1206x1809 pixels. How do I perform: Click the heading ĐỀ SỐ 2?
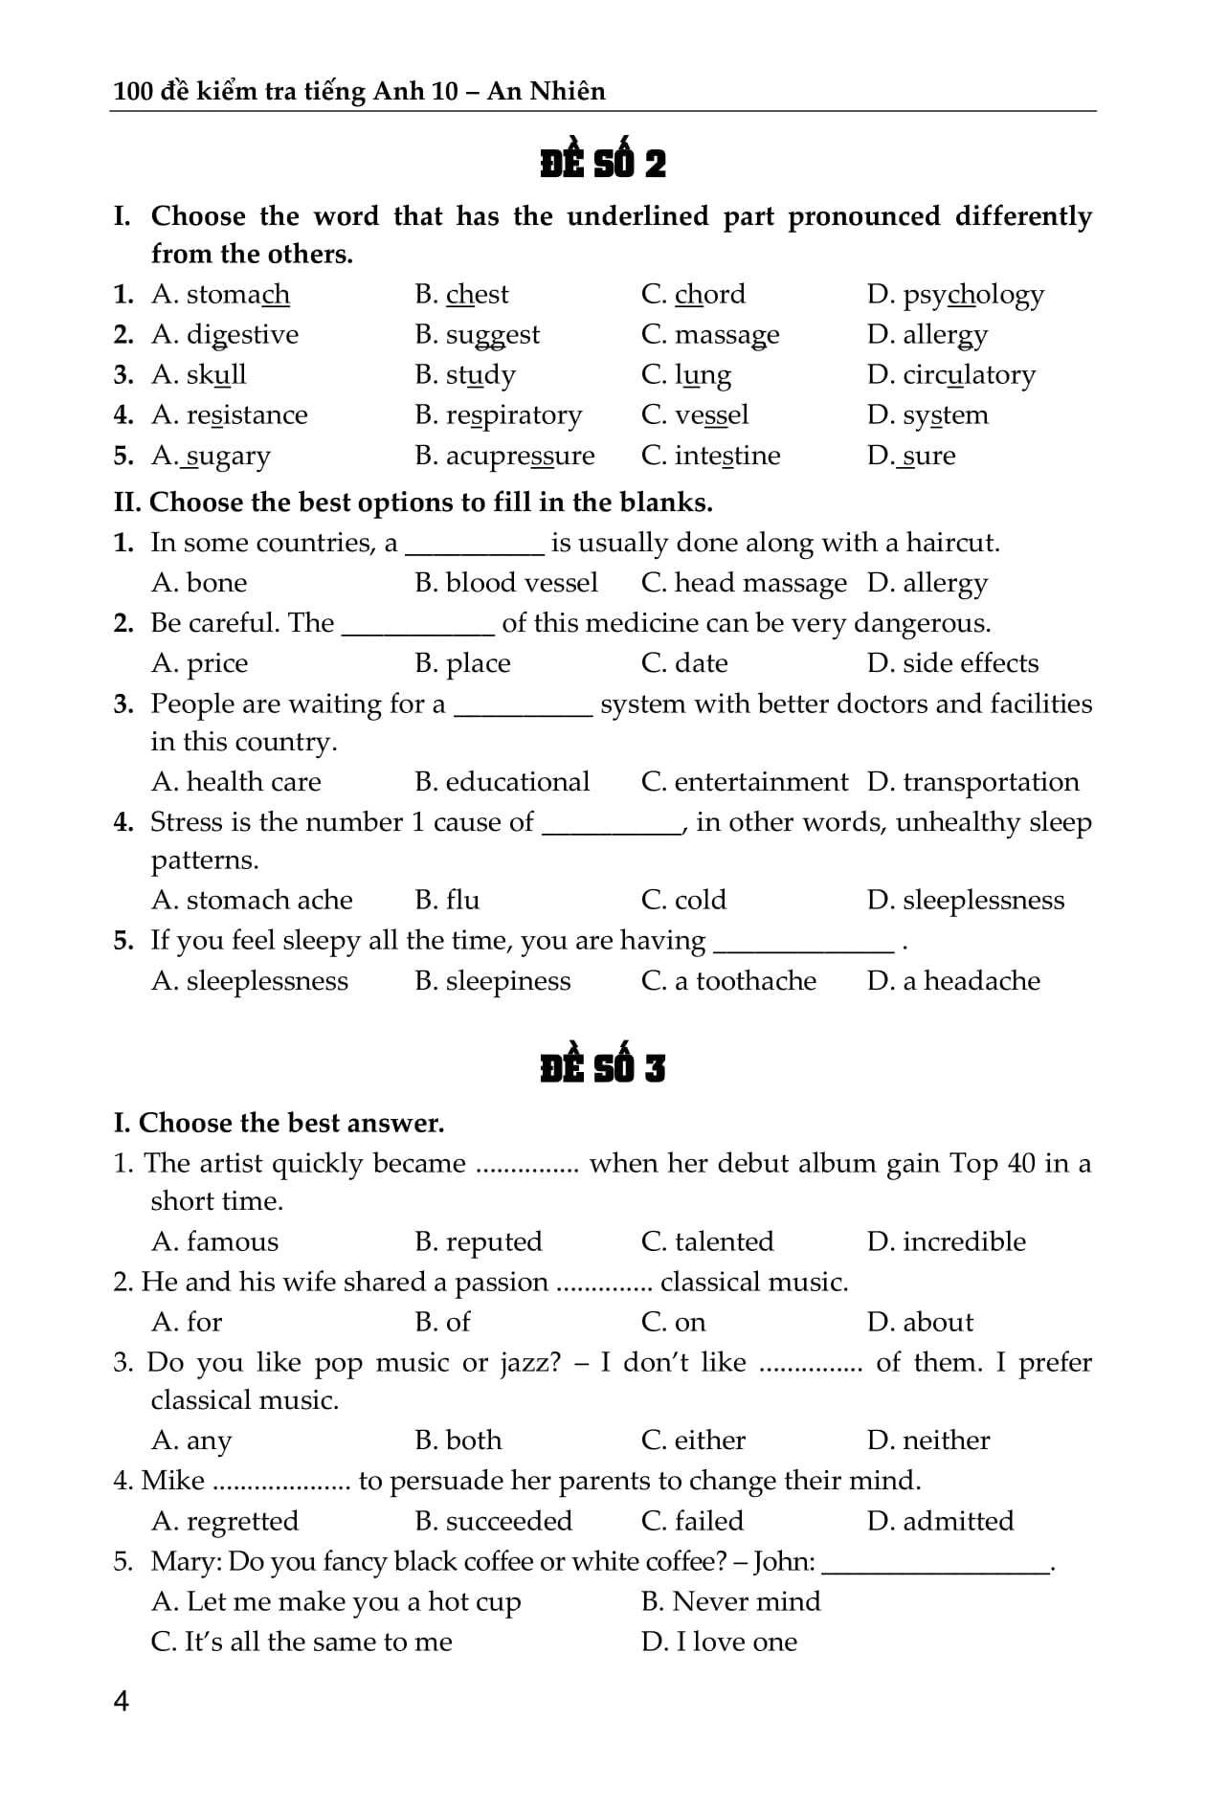pyautogui.click(x=602, y=163)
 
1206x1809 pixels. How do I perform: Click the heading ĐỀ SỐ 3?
pyautogui.click(x=602, y=1067)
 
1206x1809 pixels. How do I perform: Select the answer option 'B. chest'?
pyautogui.click(x=461, y=294)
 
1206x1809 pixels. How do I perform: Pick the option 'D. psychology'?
pyautogui.click(x=955, y=295)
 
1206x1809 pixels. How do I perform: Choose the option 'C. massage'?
pyautogui.click(x=709, y=335)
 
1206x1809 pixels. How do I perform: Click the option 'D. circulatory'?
pyautogui.click(x=950, y=374)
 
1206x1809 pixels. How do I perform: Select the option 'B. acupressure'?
pyautogui.click(x=504, y=456)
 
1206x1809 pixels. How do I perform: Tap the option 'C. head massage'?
pyautogui.click(x=744, y=583)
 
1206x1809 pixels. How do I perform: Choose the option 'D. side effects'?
pyautogui.click(x=952, y=662)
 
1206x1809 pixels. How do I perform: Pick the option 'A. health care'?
pyautogui.click(x=236, y=782)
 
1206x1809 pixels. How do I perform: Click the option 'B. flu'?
pyautogui.click(x=447, y=900)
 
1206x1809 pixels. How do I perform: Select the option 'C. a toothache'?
pyautogui.click(x=728, y=981)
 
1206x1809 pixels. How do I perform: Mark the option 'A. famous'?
pyautogui.click(x=215, y=1241)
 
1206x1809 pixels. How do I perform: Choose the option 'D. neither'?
pyautogui.click(x=928, y=1440)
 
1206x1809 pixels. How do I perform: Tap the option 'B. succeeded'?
pyautogui.click(x=493, y=1520)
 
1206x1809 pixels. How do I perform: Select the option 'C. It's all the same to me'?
pyautogui.click(x=301, y=1641)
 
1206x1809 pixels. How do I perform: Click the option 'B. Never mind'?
pyautogui.click(x=730, y=1601)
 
